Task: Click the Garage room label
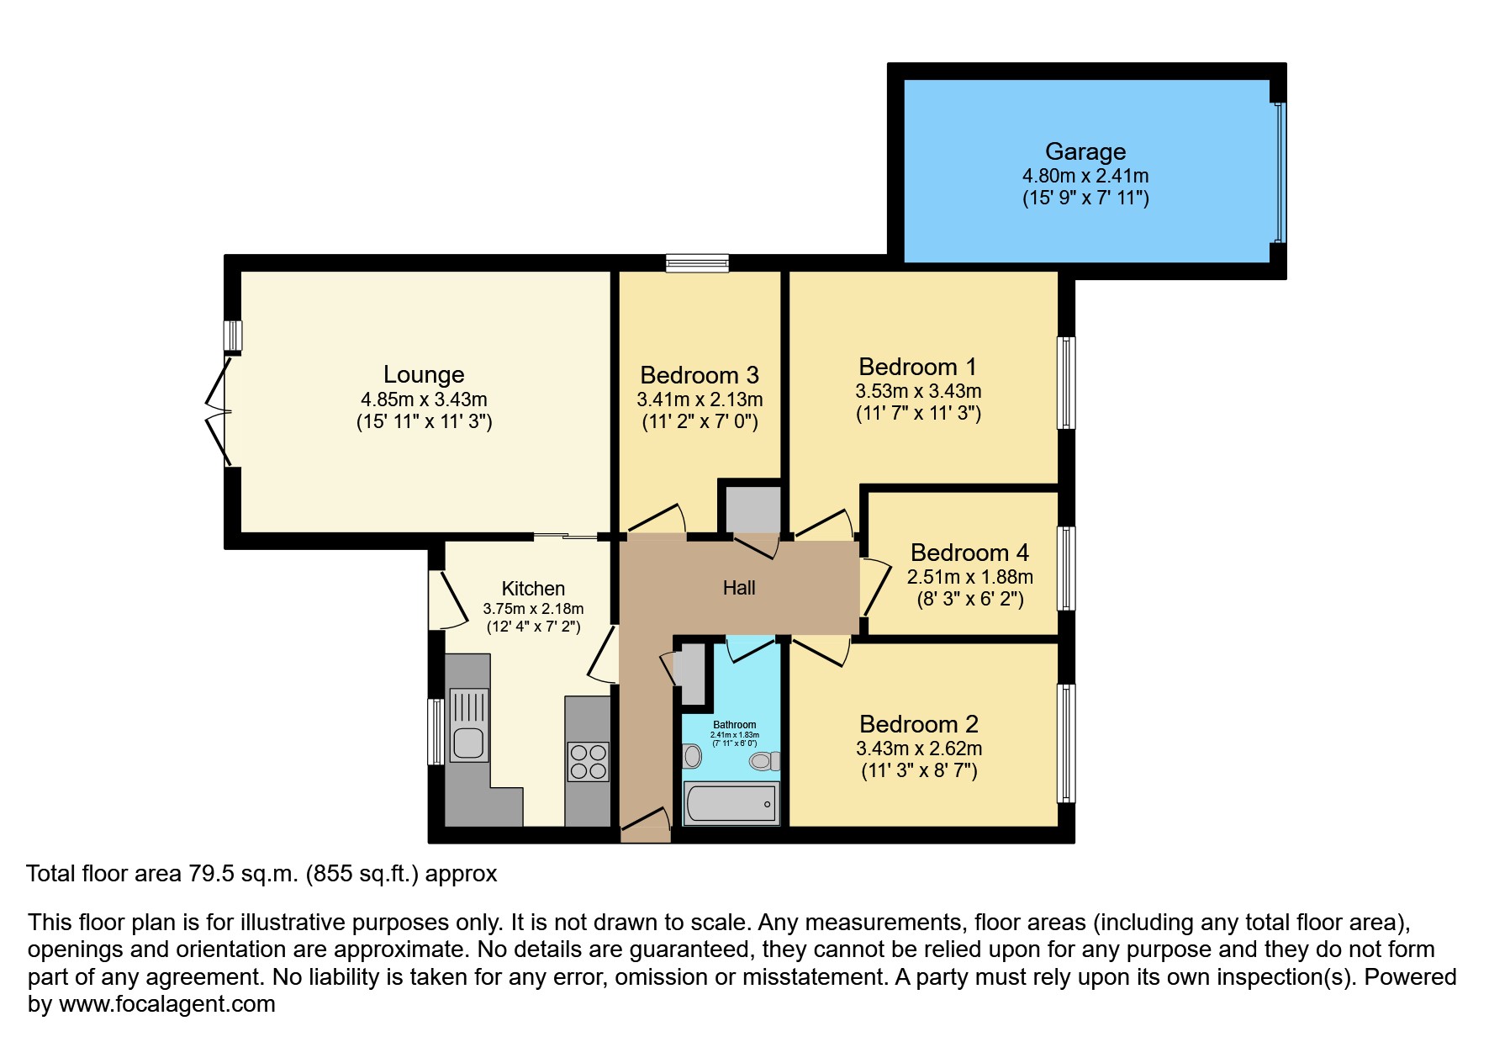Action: click(1085, 151)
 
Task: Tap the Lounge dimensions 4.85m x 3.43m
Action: click(424, 399)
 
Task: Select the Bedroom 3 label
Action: click(699, 375)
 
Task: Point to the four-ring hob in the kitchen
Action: click(588, 761)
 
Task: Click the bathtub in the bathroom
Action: click(731, 804)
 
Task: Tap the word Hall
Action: click(739, 588)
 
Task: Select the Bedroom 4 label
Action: click(969, 553)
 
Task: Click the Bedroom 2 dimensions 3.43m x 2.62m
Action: click(919, 748)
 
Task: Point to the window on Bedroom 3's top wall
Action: click(697, 263)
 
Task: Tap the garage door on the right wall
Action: click(1279, 172)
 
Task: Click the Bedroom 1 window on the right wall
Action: click(1066, 383)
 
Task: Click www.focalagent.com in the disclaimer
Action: click(166, 1004)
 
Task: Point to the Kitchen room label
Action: click(533, 589)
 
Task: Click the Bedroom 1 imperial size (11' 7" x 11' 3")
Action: click(918, 413)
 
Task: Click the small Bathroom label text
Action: click(734, 724)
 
